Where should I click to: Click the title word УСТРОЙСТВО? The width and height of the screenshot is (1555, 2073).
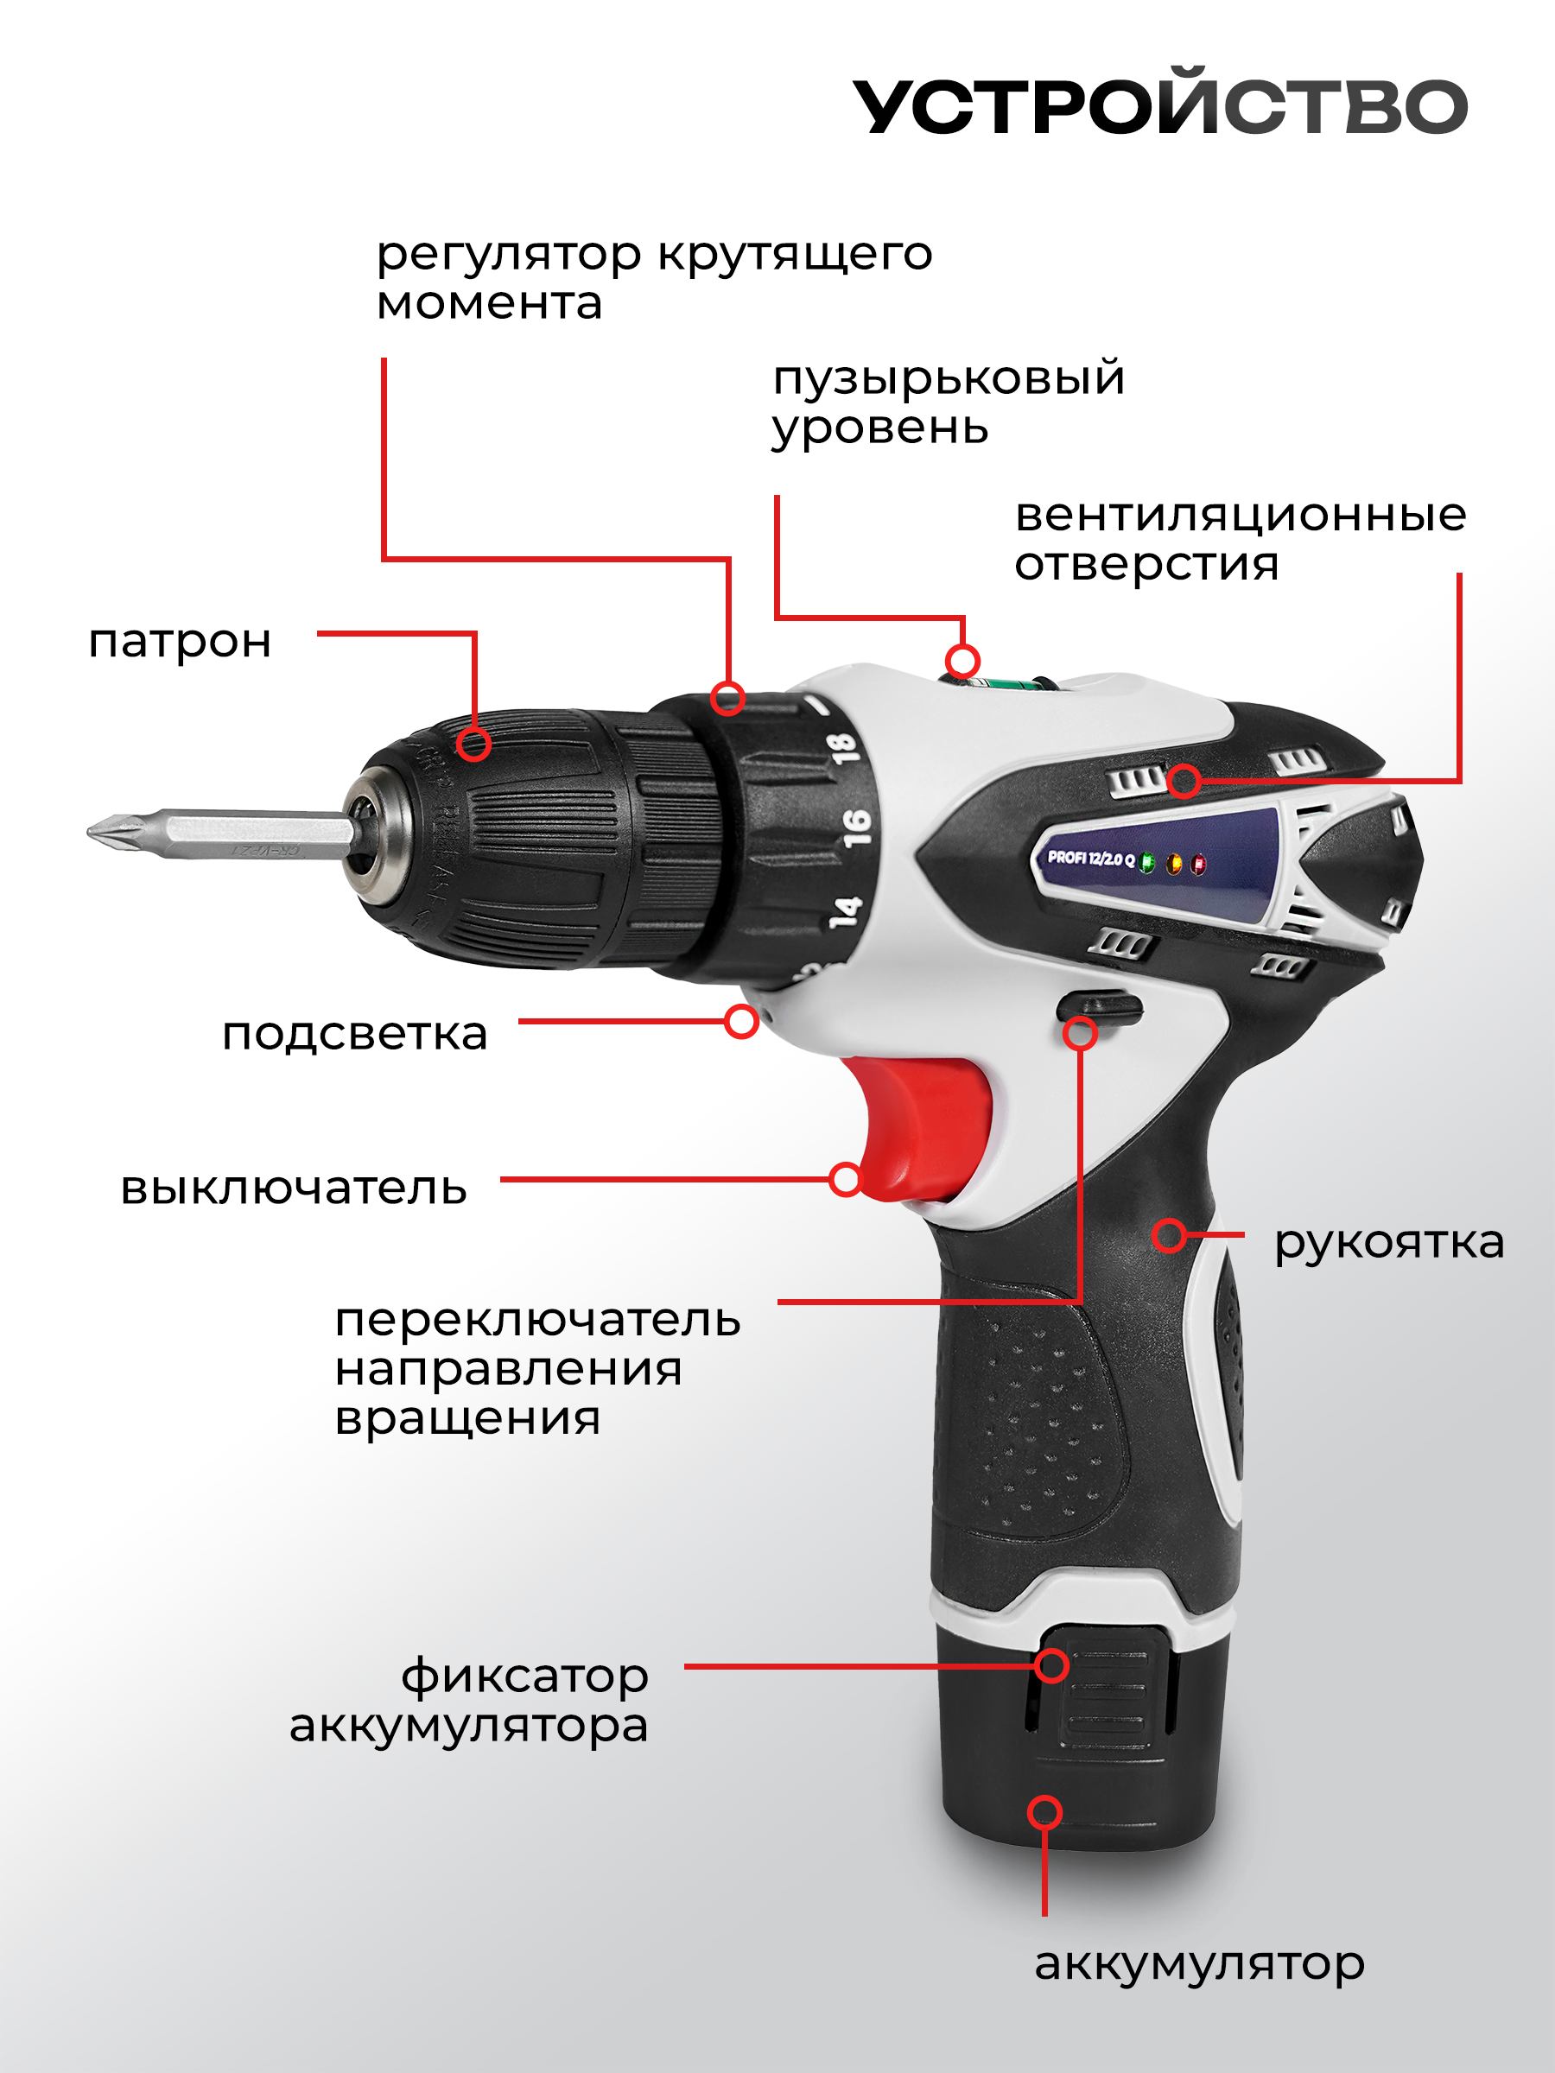click(x=1159, y=105)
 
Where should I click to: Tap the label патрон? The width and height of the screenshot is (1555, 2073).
click(x=180, y=643)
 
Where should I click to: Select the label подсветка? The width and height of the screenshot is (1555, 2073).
click(x=355, y=1035)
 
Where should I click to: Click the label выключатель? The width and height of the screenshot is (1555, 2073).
click(x=294, y=1189)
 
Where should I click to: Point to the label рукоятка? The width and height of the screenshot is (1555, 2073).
click(x=1388, y=1243)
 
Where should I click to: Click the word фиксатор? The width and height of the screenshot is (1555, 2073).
click(x=525, y=1676)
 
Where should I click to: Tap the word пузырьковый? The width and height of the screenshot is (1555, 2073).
click(x=949, y=378)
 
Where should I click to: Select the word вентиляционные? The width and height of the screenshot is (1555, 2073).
click(x=1240, y=515)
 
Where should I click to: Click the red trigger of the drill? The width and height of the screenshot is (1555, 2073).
click(x=928, y=1125)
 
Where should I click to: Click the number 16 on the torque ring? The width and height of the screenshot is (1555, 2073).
click(x=856, y=827)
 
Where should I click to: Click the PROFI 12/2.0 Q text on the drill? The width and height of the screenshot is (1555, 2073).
click(x=1090, y=858)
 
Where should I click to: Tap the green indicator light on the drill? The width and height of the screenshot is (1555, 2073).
click(x=1147, y=863)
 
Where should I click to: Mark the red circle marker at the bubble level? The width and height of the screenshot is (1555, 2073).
click(x=962, y=661)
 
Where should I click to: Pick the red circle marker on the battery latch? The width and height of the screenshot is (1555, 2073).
click(x=1051, y=1665)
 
